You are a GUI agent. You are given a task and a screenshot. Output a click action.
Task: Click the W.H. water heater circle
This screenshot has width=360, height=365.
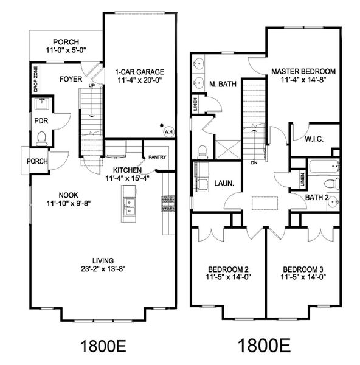[x=168, y=132]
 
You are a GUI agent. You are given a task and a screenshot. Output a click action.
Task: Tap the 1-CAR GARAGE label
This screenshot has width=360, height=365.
[x=140, y=72]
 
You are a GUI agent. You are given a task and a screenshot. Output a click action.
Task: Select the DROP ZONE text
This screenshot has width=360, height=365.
[x=36, y=79]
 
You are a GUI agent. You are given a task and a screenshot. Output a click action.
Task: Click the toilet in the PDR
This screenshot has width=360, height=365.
[x=42, y=138]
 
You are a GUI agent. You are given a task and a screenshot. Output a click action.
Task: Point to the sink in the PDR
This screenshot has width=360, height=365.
[x=42, y=103]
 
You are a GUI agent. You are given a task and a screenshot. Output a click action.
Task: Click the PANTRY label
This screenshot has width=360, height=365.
[x=157, y=157]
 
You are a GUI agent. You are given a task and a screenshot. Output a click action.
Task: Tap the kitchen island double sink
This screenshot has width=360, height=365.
[x=128, y=206]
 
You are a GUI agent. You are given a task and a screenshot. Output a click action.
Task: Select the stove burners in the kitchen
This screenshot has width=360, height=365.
[x=168, y=204]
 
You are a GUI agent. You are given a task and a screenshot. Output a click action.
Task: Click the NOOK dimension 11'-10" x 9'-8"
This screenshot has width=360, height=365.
[x=69, y=203]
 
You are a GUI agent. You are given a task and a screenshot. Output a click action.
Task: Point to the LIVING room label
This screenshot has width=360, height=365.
[x=103, y=260]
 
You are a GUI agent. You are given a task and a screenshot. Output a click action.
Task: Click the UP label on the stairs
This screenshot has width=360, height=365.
[x=92, y=86]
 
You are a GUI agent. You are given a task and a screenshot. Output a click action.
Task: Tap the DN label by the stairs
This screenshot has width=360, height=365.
[x=254, y=163]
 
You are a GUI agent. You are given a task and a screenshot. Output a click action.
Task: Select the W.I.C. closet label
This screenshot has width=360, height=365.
[x=314, y=139]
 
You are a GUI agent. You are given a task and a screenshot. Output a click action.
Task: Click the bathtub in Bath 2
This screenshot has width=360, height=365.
[x=324, y=165]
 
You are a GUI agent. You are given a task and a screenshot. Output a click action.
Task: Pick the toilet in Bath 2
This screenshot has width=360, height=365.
[x=332, y=183]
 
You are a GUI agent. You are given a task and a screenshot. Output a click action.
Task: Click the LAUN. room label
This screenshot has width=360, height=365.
[x=224, y=183]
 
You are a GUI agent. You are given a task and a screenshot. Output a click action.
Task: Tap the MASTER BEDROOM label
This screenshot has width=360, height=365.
[x=303, y=71]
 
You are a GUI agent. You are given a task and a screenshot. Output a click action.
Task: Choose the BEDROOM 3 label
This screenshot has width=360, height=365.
[x=303, y=269]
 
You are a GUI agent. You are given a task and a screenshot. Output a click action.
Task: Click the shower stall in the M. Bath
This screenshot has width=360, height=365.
[x=228, y=150]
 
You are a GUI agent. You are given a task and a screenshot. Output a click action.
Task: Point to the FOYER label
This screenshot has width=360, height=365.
[x=71, y=79]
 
